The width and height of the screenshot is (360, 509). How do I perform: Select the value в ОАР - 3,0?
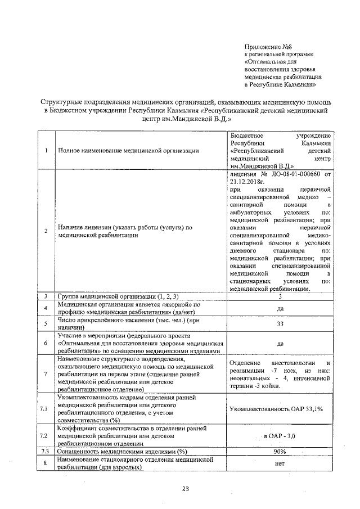(x=280, y=436)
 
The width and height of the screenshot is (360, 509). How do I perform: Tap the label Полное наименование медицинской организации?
(x=128, y=150)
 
